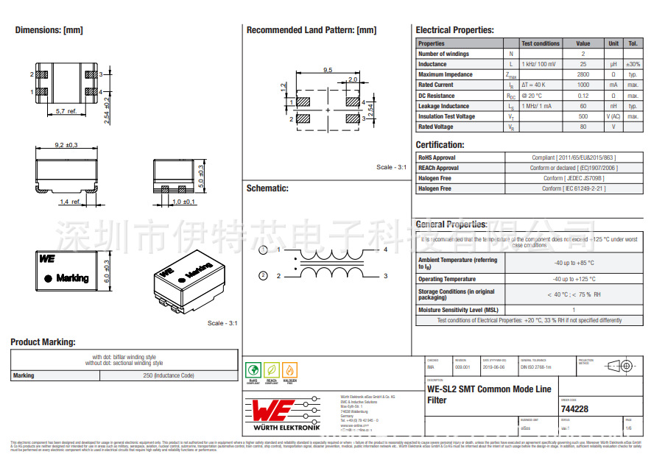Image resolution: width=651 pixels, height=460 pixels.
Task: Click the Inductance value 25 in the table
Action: click(583, 64)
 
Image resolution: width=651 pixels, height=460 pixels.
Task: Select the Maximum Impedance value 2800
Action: click(583, 74)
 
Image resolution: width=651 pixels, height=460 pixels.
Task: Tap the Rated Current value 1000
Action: click(583, 85)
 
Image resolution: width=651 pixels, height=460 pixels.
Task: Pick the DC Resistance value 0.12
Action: click(583, 96)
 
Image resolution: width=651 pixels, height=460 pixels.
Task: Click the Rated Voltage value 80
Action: click(583, 127)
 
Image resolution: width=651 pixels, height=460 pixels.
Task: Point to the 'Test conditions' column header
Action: click(541, 43)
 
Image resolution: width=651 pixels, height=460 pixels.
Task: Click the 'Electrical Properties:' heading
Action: click(454, 30)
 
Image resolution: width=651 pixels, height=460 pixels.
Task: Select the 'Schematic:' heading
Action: click(267, 188)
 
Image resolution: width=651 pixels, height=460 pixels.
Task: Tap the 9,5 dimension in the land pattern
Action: click(328, 70)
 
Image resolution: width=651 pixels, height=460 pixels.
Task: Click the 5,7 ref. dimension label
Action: click(66, 110)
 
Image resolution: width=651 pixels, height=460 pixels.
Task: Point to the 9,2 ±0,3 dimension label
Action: click(66, 145)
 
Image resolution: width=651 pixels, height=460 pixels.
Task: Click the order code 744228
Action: click(574, 409)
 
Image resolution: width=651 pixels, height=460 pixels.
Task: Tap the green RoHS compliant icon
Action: click(253, 370)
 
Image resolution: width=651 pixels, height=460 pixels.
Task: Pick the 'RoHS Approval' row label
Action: click(437, 158)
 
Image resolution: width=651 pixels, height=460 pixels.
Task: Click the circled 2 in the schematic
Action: click(263, 276)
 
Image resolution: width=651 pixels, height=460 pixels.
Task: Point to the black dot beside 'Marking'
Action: click(48, 278)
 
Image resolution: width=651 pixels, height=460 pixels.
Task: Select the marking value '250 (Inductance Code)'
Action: click(169, 376)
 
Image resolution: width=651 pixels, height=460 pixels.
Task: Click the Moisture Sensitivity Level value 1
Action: click(574, 310)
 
